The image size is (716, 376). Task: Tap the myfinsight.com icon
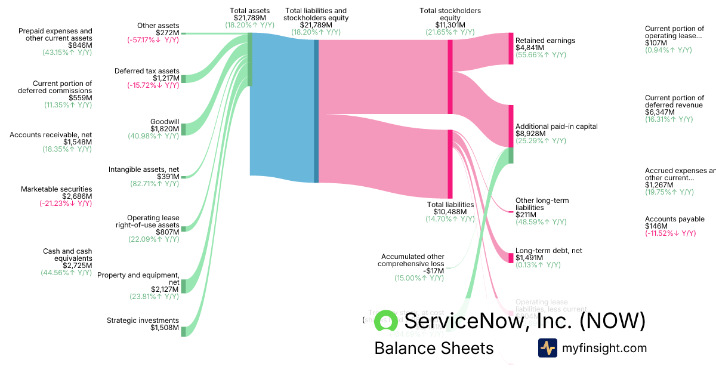click(x=547, y=348)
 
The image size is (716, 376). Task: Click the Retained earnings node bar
click(x=511, y=48)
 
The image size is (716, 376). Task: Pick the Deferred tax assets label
click(x=147, y=71)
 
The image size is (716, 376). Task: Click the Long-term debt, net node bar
click(x=511, y=258)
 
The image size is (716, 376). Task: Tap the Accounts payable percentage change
click(x=670, y=233)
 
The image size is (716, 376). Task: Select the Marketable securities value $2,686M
click(x=77, y=196)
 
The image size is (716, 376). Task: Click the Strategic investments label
click(x=143, y=320)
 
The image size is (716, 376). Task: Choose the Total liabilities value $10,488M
click(x=450, y=212)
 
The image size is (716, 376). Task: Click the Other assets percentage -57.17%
click(x=153, y=40)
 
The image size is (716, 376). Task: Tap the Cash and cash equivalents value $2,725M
click(x=77, y=266)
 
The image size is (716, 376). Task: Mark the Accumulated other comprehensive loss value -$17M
click(x=434, y=270)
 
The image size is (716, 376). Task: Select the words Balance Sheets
click(x=434, y=348)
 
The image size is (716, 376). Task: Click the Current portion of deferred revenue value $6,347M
click(x=661, y=112)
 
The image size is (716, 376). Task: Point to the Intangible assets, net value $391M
click(x=168, y=177)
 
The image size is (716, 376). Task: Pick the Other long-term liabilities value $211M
click(x=526, y=215)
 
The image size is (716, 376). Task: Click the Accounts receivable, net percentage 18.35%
click(x=66, y=149)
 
